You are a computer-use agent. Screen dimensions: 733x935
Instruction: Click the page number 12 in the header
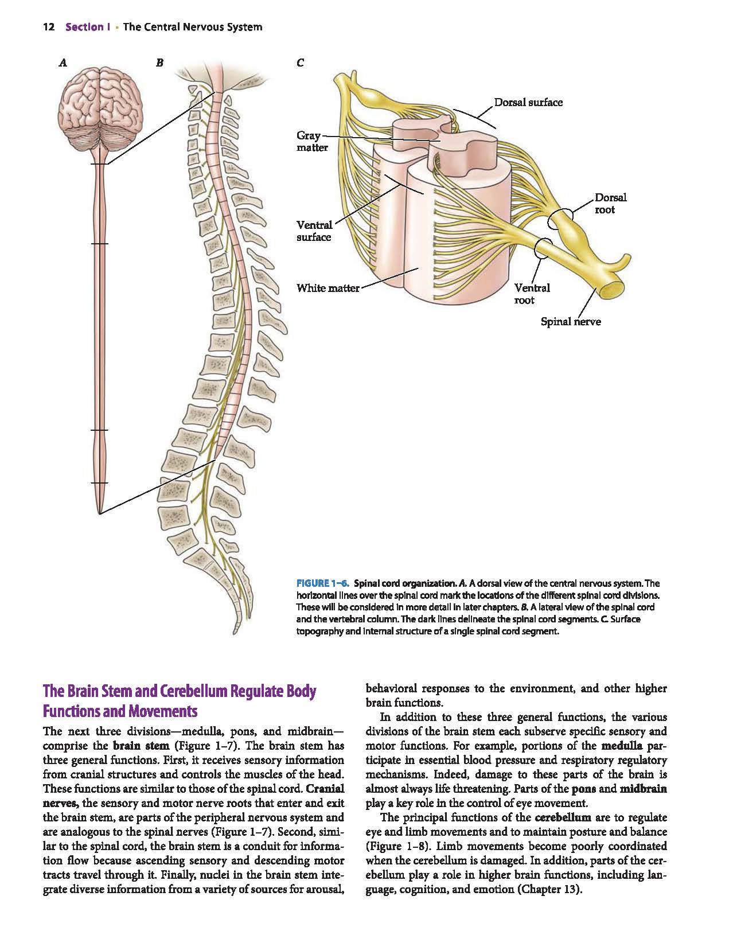tap(49, 27)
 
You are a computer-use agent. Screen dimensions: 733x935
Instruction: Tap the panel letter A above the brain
tap(63, 63)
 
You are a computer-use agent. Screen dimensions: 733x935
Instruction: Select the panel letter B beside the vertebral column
tap(159, 63)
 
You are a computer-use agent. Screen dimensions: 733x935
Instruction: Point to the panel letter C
tap(301, 63)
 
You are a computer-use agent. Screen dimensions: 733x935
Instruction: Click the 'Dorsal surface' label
tap(528, 103)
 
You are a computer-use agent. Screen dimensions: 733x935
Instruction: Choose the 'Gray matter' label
tap(312, 142)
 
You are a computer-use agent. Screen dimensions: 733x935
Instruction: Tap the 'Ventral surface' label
tap(314, 231)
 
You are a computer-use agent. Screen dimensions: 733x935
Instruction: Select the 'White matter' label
tap(328, 289)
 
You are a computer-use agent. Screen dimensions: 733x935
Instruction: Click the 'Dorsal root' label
tap(610, 204)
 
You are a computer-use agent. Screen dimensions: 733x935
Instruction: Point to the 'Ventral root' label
tap(532, 294)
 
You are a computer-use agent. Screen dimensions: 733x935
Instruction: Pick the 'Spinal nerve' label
tap(571, 322)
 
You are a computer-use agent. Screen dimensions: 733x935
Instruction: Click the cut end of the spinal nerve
tap(613, 289)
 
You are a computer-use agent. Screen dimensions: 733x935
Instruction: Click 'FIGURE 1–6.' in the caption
tap(322, 583)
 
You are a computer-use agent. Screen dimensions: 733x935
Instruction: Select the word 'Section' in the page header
tap(84, 27)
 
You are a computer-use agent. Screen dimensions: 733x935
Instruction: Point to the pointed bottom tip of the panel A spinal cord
tap(100, 514)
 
